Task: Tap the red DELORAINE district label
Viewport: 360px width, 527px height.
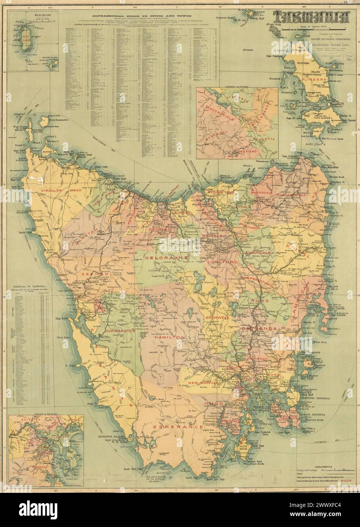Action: [x=167, y=257]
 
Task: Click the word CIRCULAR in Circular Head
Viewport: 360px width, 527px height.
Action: [x=54, y=190]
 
